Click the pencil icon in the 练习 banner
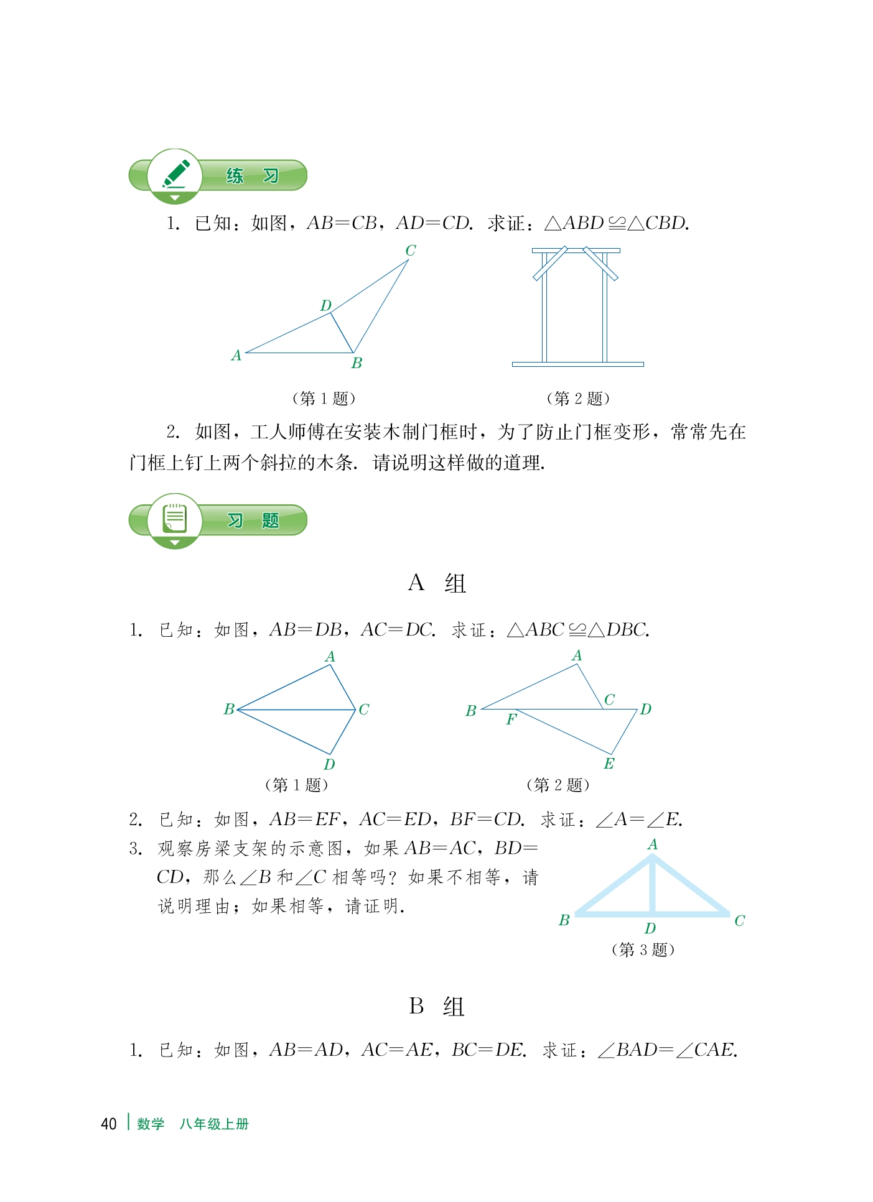[175, 175]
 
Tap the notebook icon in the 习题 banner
[175, 519]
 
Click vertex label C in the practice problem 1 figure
[411, 251]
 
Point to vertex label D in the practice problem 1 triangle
[326, 305]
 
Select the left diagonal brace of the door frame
[550, 264]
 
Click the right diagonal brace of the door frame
[600, 264]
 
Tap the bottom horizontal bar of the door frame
[577, 364]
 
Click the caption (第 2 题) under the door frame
[577, 399]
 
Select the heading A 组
[436, 583]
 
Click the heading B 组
[436, 1006]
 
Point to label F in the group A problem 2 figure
[511, 719]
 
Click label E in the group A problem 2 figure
[609, 764]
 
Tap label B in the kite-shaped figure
[229, 710]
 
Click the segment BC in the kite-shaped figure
[296, 710]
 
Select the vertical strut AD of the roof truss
[652, 886]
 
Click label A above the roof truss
[653, 844]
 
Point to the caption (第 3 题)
[643, 950]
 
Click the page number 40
[109, 1124]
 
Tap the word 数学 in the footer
[151, 1124]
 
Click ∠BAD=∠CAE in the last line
[668, 1050]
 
